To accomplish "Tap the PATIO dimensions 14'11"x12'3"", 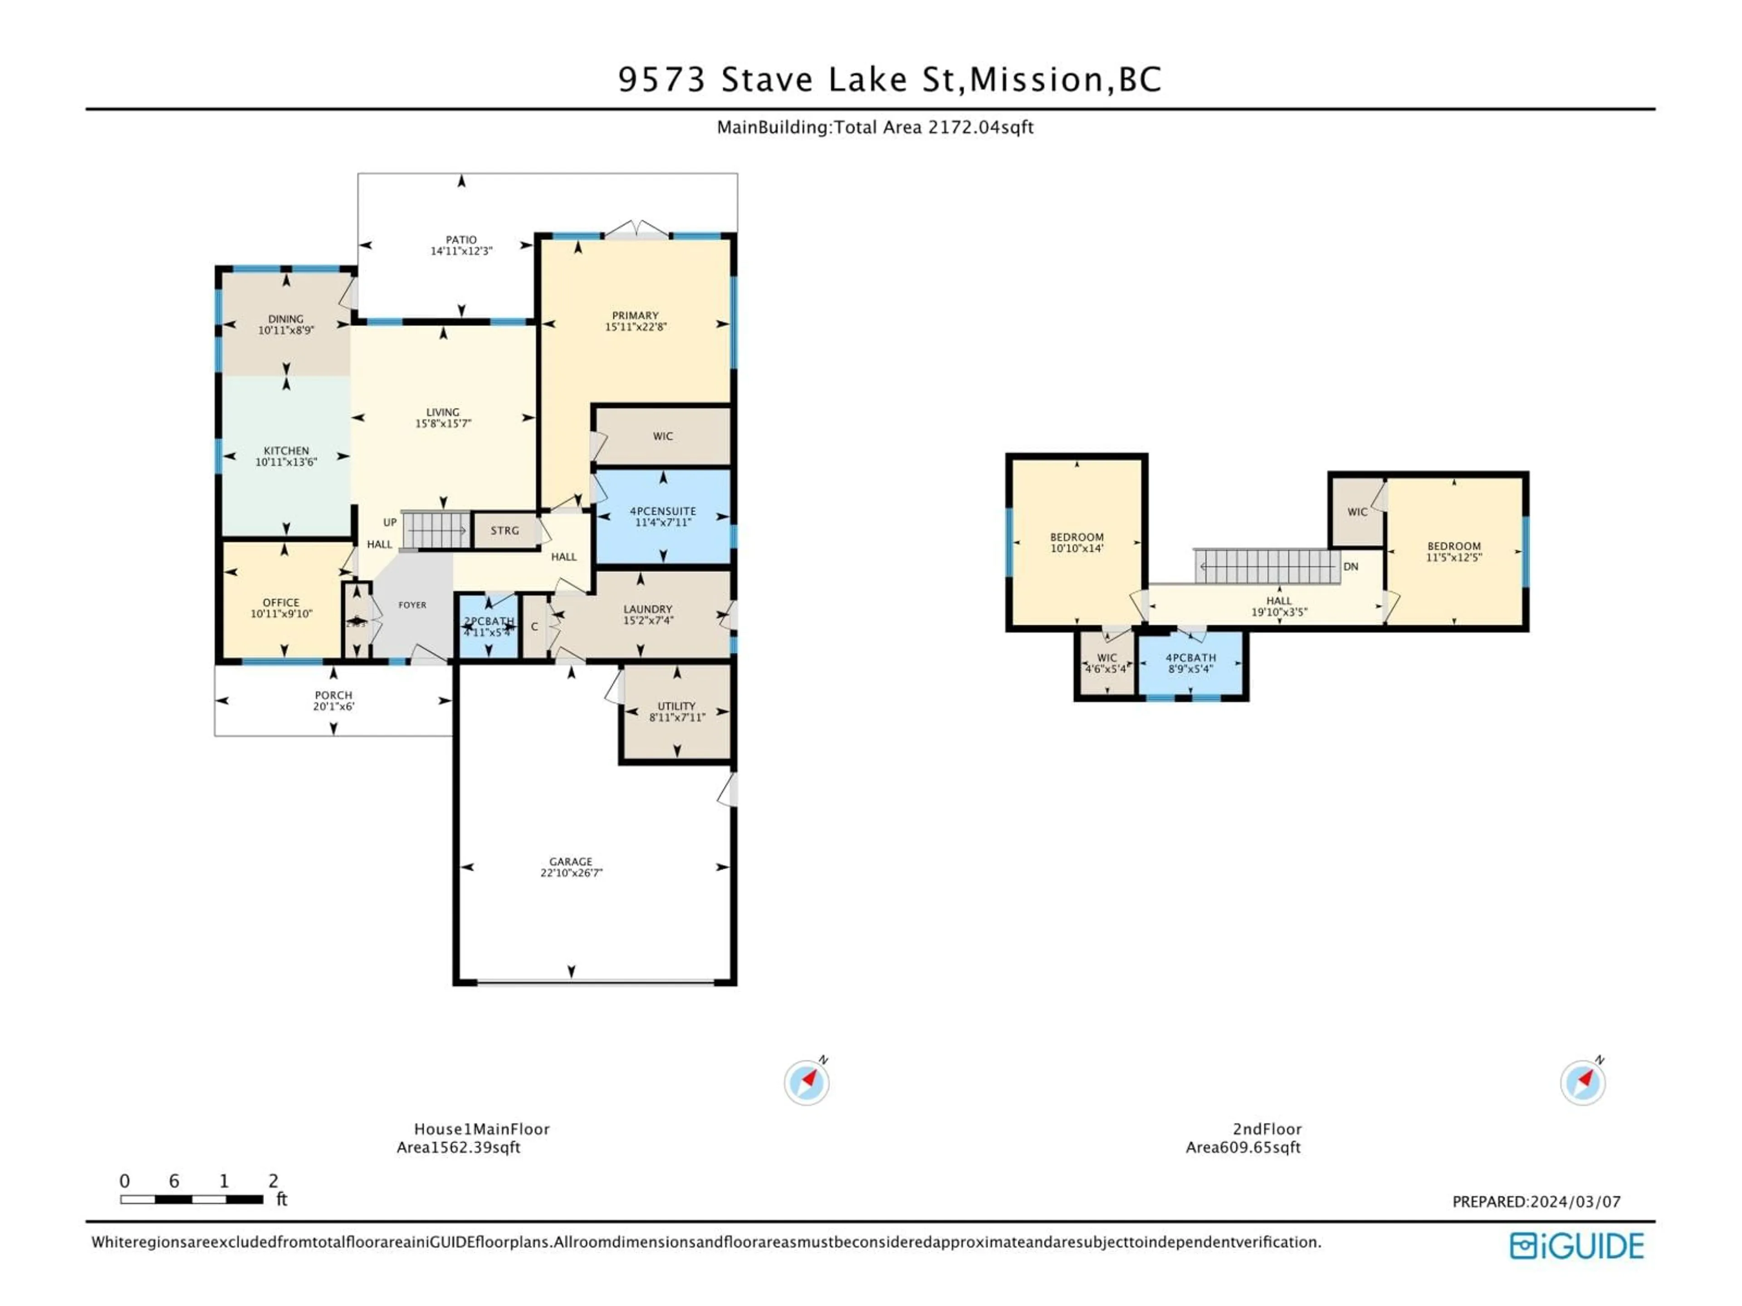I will coord(461,251).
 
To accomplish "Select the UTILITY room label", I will coord(676,706).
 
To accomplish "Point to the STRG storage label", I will coord(505,531).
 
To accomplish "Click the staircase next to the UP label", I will coord(435,530).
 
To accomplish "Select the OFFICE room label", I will coord(281,602).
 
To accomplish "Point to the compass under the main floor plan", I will coord(807,1082).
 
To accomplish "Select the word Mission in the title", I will coord(1036,79).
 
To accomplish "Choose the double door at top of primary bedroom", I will coord(636,230).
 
